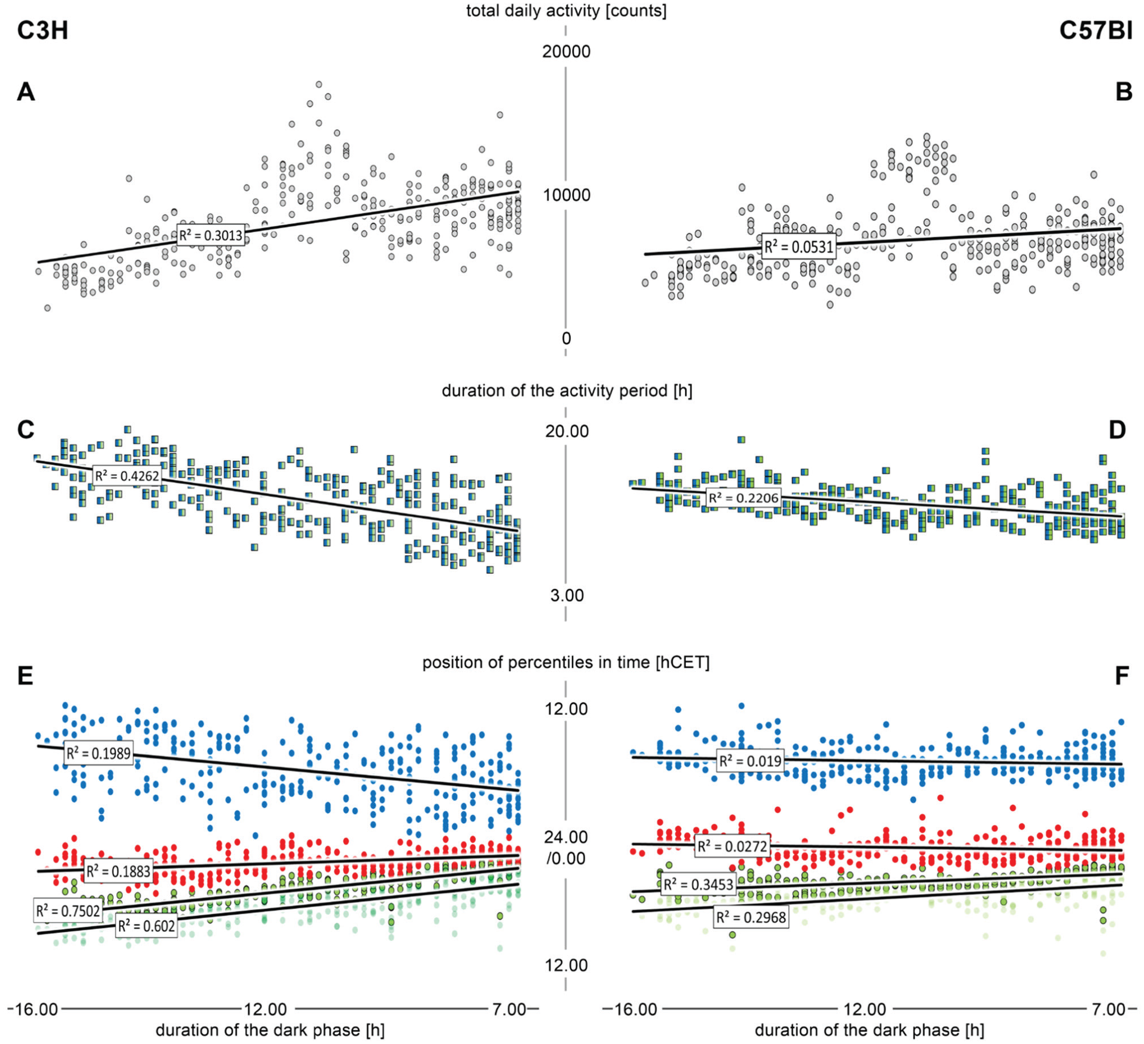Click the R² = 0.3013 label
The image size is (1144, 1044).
[211, 235]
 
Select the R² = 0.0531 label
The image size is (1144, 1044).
[799, 246]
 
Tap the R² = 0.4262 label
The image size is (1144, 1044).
[127, 475]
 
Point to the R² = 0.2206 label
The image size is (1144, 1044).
[743, 498]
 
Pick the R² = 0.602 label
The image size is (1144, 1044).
[147, 926]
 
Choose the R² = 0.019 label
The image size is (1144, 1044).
[750, 761]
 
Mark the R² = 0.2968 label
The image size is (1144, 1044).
[751, 918]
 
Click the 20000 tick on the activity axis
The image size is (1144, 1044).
[566, 52]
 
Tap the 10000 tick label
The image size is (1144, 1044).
[566, 195]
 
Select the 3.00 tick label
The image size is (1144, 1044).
[567, 595]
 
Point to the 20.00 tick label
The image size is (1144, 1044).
[567, 431]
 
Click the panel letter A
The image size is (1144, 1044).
[26, 92]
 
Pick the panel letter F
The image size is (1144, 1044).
[1122, 676]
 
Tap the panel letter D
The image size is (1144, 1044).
[1117, 430]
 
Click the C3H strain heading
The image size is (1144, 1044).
[43, 30]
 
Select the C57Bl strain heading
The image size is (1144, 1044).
[1096, 30]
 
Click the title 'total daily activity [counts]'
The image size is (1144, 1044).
[566, 11]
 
